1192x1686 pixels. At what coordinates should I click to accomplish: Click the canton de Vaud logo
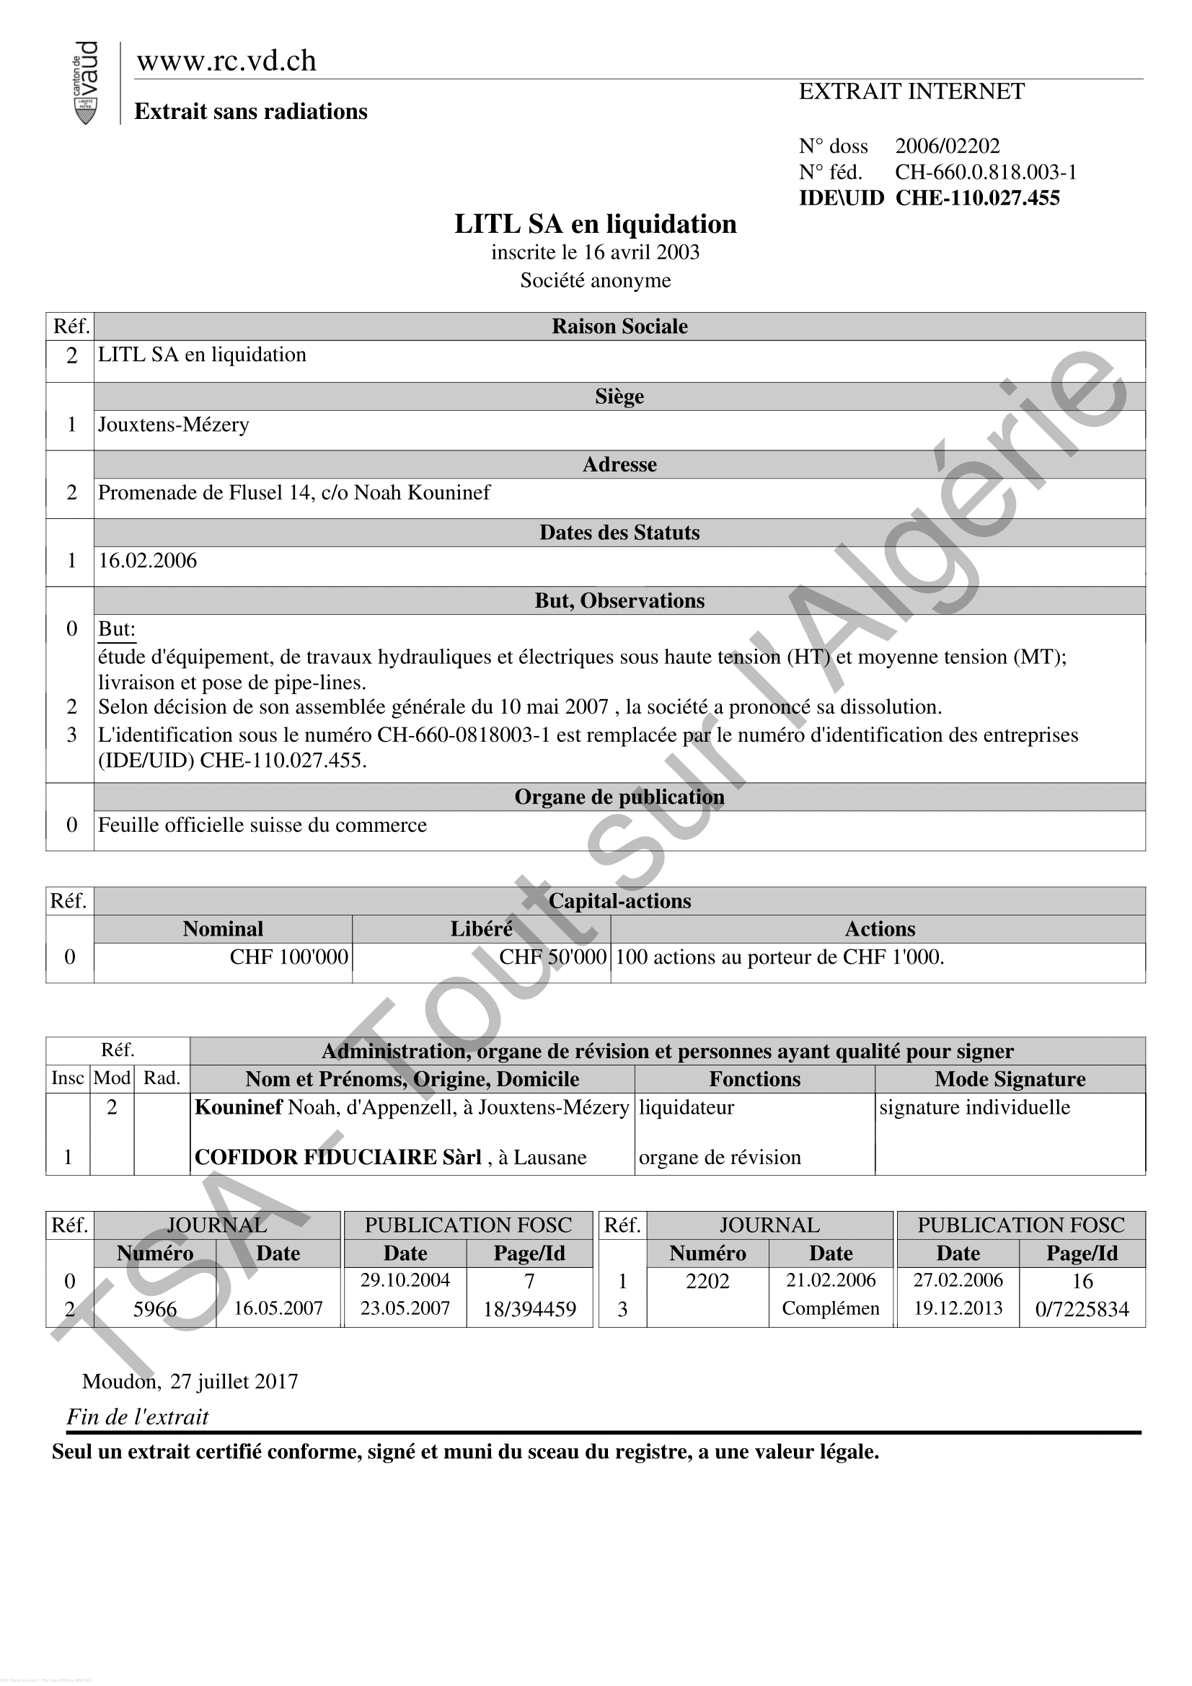click(x=86, y=82)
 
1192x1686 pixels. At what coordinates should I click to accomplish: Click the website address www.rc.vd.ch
click(x=226, y=61)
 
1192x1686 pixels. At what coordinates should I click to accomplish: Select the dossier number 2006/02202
click(x=947, y=146)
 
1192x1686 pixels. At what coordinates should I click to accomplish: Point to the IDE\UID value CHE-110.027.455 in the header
click(x=977, y=198)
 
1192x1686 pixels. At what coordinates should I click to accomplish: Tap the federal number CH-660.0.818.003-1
click(x=985, y=172)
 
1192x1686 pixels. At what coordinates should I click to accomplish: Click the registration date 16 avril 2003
click(x=641, y=252)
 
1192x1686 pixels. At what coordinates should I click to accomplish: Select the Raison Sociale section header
click(x=619, y=327)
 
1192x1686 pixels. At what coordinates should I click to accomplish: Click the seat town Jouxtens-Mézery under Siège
click(x=174, y=425)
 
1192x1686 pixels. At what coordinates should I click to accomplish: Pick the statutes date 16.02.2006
click(x=148, y=561)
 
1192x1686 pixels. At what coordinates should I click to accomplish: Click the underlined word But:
click(x=117, y=629)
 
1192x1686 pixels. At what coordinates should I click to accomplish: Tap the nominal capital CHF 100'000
click(x=288, y=957)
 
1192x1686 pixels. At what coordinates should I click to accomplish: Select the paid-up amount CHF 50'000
click(x=552, y=957)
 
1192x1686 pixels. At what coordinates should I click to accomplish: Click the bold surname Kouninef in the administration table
click(x=238, y=1107)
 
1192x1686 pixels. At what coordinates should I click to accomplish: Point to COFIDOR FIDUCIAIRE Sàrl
click(x=337, y=1158)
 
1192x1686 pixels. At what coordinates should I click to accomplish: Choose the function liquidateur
click(x=686, y=1107)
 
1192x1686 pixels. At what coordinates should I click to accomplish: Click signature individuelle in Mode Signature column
click(x=974, y=1107)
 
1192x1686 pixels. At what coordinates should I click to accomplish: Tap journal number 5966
click(x=155, y=1309)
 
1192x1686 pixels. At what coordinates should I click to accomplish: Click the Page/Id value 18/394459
click(x=529, y=1309)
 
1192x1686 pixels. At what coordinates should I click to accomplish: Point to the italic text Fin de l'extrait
click(x=137, y=1417)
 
